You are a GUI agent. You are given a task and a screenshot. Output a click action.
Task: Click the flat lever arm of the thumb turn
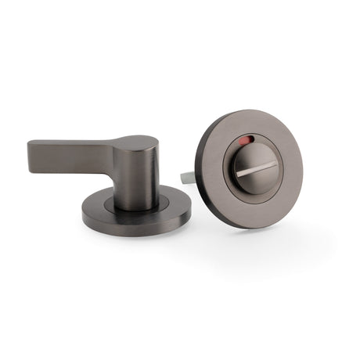click(78, 153)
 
